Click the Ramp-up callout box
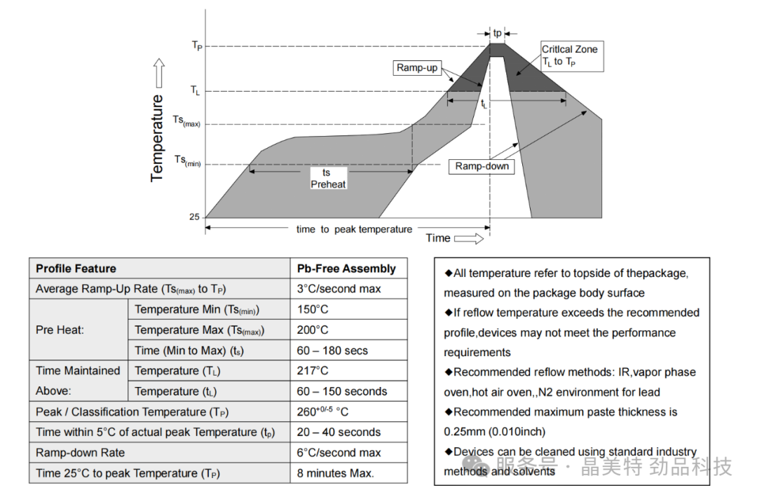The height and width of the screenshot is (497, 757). [417, 67]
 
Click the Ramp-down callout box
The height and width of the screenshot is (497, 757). [482, 166]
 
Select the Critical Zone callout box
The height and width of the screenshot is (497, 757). [569, 55]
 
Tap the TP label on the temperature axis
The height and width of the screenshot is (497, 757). [197, 46]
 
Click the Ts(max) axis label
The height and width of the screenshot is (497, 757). [186, 121]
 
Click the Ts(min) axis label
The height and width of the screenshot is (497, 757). [186, 161]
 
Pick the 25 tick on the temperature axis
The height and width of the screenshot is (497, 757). [194, 217]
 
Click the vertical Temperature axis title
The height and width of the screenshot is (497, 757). [157, 138]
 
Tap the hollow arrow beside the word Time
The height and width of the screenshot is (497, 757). [469, 238]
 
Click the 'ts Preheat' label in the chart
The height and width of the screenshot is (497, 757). [328, 178]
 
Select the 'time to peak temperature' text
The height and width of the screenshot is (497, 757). [354, 229]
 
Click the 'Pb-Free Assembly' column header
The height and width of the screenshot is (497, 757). [346, 268]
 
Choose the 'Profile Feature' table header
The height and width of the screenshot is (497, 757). [76, 268]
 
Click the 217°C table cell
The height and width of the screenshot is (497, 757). [313, 371]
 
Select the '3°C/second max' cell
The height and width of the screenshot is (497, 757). [339, 289]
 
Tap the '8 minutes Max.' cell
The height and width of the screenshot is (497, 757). [336, 473]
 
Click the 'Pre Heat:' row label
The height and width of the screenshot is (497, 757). [60, 329]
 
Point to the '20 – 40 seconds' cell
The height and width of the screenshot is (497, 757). [339, 433]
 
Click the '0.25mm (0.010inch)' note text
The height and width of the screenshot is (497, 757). [494, 432]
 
